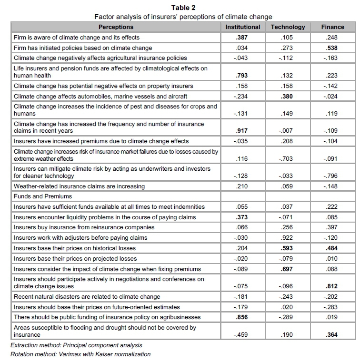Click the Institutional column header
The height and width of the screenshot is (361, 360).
[243, 27]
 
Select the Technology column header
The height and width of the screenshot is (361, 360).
[288, 27]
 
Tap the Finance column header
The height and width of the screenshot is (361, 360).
[332, 27]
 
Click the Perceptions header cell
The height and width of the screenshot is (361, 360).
[116, 27]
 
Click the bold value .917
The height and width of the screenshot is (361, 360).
[243, 130]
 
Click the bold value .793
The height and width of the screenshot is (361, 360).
[243, 75]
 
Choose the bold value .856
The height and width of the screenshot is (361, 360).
[243, 317]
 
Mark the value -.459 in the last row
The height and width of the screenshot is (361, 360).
[243, 335]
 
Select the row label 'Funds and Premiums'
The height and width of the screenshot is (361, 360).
[43, 196]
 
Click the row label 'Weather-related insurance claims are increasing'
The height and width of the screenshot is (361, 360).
[79, 186]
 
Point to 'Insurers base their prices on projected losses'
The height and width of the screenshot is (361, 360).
[75, 259]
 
